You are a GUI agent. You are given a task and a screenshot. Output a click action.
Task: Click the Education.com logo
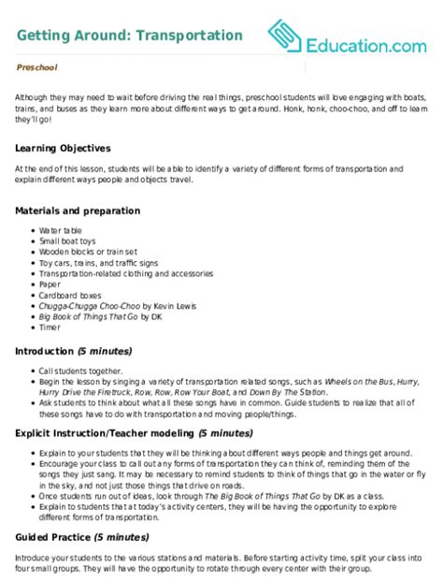351,38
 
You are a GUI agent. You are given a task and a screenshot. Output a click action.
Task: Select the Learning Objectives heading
64,148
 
